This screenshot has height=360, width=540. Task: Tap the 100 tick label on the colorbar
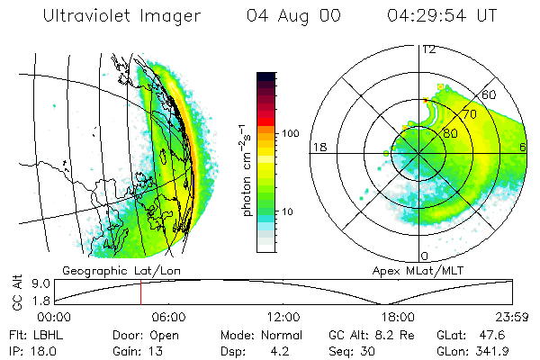[x=289, y=133]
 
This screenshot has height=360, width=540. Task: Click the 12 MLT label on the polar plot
[x=428, y=49]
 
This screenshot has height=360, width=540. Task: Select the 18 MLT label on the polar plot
[x=318, y=147]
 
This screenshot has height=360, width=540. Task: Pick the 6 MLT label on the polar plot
[x=523, y=147]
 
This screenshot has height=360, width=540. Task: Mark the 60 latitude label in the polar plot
[x=490, y=94]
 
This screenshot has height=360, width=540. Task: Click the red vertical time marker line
[x=140, y=292]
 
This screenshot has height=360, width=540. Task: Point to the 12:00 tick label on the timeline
[x=283, y=316]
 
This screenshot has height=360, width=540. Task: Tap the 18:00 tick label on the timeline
[x=398, y=316]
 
